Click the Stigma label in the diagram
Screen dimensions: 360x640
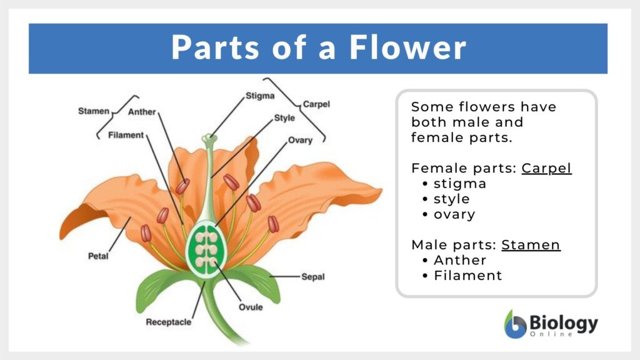[259, 96]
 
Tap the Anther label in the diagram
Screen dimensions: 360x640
[142, 112]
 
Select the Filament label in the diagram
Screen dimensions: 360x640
[126, 135]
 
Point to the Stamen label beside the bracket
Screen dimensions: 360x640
[94, 111]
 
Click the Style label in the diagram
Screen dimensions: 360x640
[284, 117]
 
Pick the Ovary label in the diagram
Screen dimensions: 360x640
[300, 140]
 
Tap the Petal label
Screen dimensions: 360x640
[98, 256]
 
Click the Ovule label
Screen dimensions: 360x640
[251, 307]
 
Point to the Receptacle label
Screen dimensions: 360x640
[168, 322]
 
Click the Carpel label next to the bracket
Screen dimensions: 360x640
[316, 104]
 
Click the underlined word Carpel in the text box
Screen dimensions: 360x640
[546, 168]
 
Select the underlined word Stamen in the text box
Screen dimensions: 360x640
[531, 244]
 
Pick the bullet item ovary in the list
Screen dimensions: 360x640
[454, 214]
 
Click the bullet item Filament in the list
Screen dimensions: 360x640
[467, 275]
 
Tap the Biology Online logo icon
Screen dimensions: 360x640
[515, 324]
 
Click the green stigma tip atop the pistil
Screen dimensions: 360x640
[208, 137]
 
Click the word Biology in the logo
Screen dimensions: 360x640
[563, 323]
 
